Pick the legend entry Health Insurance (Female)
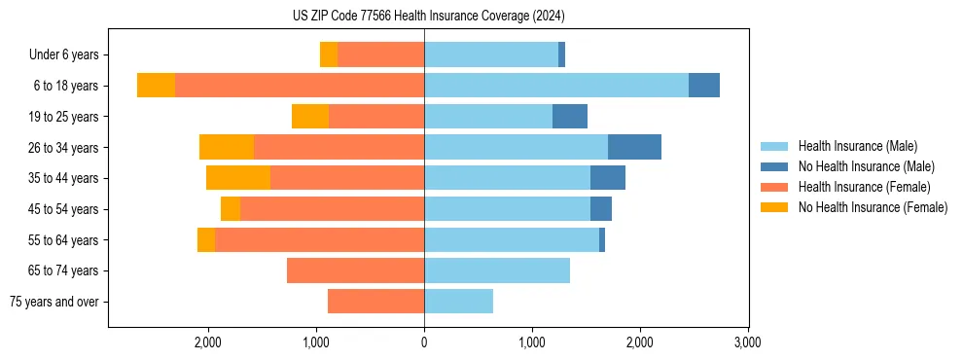click(865, 187)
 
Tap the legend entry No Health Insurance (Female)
click(873, 207)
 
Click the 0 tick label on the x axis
click(424, 342)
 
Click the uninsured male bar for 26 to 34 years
click(634, 147)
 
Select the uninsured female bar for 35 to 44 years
click(238, 178)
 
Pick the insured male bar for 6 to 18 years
click(556, 86)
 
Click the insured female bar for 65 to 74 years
click(355, 270)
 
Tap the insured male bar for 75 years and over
click(458, 302)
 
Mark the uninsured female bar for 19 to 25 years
click(310, 117)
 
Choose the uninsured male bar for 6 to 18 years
click(704, 86)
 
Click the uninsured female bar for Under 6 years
click(329, 55)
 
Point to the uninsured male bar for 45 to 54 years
click(601, 209)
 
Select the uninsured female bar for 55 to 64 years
click(206, 240)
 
